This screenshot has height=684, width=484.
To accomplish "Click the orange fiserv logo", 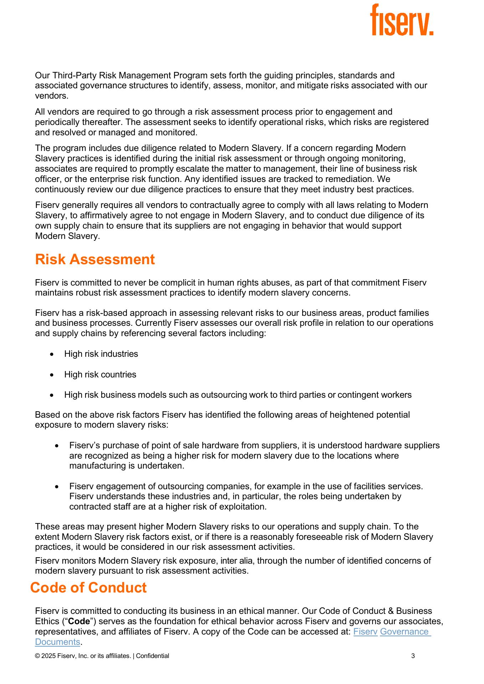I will click(x=401, y=20).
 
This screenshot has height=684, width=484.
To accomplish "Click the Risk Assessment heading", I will click(x=95, y=259).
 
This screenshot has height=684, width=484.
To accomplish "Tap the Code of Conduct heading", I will click(x=88, y=588).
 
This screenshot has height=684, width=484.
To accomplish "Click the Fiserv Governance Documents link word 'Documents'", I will click(x=57, y=642).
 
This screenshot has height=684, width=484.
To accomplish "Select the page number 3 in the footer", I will click(x=413, y=656).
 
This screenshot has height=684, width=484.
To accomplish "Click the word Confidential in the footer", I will click(x=153, y=656).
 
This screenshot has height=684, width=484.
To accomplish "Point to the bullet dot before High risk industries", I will click(x=52, y=354).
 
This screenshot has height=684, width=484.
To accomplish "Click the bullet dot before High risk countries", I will click(x=52, y=375).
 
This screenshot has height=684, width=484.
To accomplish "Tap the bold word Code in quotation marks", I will click(x=79, y=621).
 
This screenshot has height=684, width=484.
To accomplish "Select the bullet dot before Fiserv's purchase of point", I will click(x=57, y=446).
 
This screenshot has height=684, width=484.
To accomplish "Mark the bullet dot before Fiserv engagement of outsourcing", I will click(x=57, y=487).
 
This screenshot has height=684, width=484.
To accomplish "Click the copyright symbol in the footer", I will click(x=37, y=656).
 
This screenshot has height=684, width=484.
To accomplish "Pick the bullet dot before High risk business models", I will click(x=52, y=395).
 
